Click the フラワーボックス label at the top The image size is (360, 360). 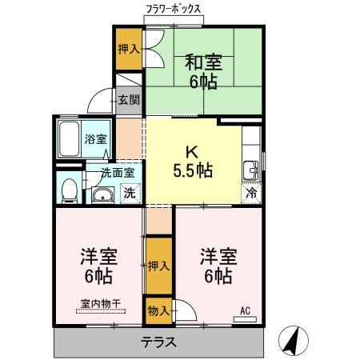pyautogui.click(x=174, y=11)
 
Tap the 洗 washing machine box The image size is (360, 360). pyautogui.click(x=129, y=192)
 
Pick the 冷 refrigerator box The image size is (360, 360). pyautogui.click(x=251, y=192)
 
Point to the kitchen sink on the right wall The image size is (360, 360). pyautogui.click(x=251, y=170)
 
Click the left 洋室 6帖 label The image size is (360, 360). pyautogui.click(x=98, y=266)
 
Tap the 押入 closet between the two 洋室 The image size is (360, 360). pyautogui.click(x=158, y=266)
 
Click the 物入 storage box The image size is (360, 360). pyautogui.click(x=158, y=310)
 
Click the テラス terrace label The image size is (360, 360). pyautogui.click(x=159, y=342)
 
